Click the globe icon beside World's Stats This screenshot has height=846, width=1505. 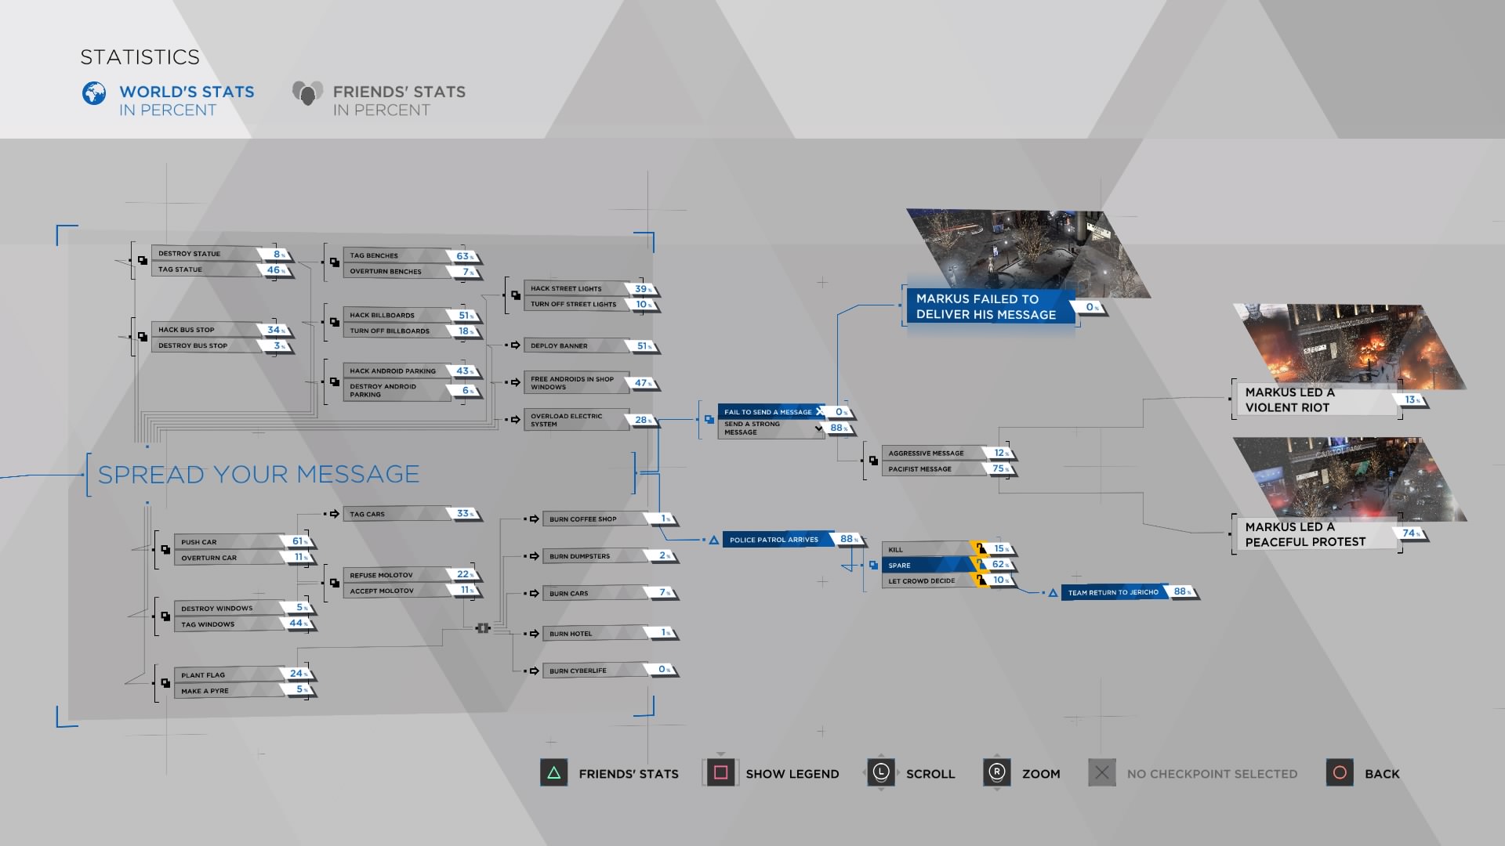click(x=94, y=93)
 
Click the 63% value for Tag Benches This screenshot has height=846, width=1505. click(x=465, y=256)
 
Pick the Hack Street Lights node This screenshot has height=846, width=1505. click(x=576, y=288)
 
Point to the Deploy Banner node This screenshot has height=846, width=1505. click(x=576, y=345)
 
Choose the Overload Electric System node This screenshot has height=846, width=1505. click(x=576, y=420)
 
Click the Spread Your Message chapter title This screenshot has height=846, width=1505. click(x=259, y=474)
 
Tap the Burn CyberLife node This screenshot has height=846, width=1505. click(x=593, y=671)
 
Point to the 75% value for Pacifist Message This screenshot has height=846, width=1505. click(x=999, y=468)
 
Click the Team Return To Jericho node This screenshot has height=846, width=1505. click(x=1114, y=592)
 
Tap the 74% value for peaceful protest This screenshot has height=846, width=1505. click(x=1410, y=533)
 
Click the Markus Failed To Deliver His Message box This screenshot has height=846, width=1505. click(x=986, y=306)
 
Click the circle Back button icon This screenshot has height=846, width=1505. click(x=1340, y=773)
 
